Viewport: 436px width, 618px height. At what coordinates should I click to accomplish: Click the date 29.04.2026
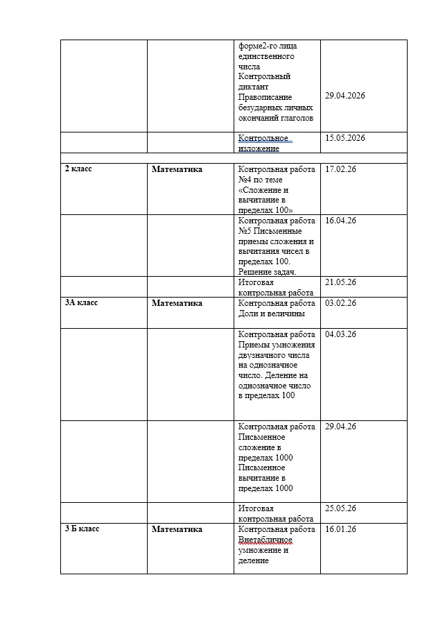(345, 96)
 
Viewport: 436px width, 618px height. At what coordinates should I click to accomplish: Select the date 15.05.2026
(345, 138)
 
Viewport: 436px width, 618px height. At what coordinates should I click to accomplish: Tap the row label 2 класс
(78, 169)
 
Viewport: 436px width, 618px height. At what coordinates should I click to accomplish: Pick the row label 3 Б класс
(82, 529)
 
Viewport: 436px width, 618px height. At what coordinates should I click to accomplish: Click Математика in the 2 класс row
(177, 169)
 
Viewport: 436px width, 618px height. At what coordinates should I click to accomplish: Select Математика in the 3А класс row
(177, 302)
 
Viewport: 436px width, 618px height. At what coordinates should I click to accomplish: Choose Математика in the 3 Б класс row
(177, 529)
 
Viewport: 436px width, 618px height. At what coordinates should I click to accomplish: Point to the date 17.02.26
(340, 169)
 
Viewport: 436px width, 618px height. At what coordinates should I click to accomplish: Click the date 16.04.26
(340, 220)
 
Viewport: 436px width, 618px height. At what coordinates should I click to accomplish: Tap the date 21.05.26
(340, 282)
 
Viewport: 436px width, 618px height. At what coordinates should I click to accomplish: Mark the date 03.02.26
(340, 302)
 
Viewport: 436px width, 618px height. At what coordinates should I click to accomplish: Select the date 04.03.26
(340, 334)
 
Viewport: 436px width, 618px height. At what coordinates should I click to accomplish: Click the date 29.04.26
(340, 426)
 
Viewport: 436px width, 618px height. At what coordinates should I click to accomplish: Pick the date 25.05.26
(340, 508)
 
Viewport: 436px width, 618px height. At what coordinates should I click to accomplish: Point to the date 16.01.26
(340, 529)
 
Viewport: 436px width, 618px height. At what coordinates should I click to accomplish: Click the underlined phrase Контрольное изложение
(263, 143)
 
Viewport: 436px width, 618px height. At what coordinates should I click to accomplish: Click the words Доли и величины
(271, 313)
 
